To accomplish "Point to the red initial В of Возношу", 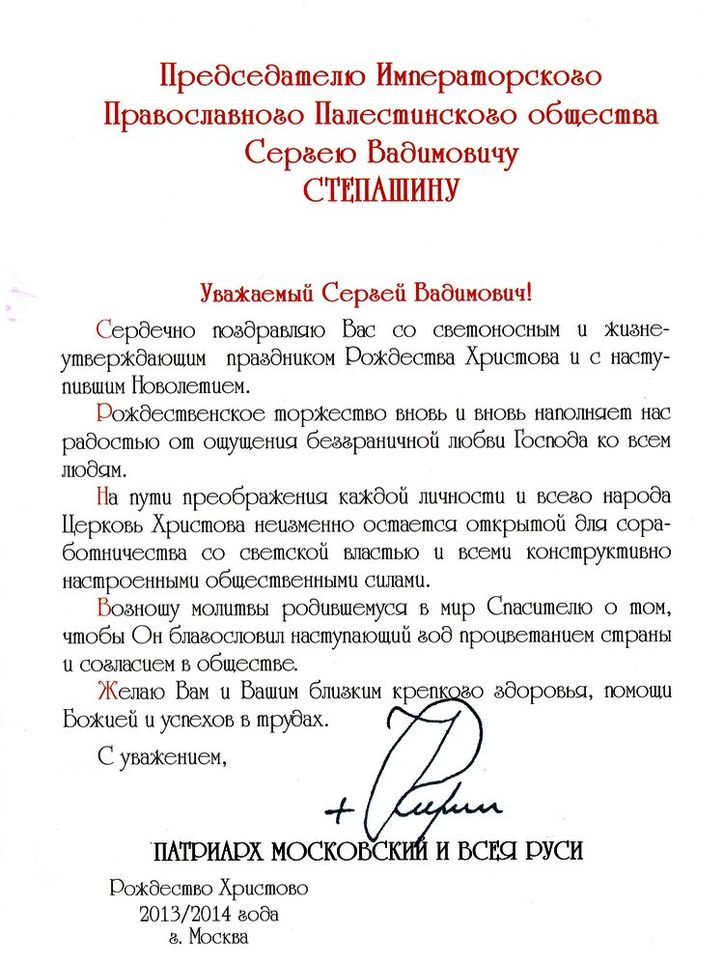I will coord(104,610).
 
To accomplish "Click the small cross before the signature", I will coord(337,810).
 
